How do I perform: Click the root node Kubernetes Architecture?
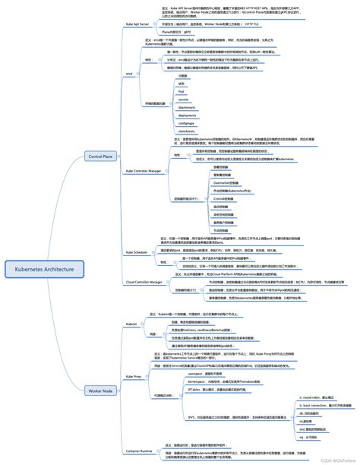point(45,269)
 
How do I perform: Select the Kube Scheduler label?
point(138,251)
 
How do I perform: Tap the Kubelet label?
point(131,324)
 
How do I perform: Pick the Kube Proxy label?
point(133,375)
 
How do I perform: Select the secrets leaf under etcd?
point(182,100)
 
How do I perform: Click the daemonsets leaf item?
point(185,107)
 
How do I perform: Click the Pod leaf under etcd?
point(182,91)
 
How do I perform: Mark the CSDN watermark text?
point(330,460)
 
